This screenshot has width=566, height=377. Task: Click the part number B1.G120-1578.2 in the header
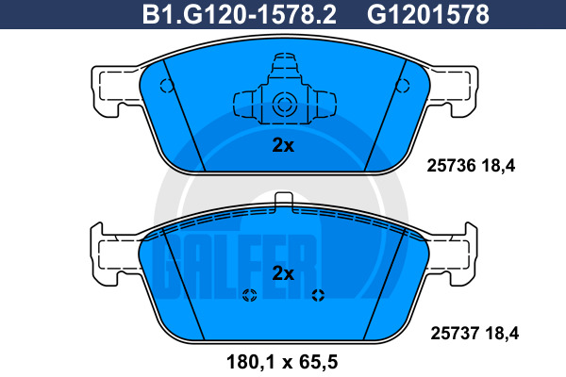click(240, 14)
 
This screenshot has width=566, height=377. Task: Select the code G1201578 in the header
click(428, 14)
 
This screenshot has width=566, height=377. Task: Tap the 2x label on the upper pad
click(283, 145)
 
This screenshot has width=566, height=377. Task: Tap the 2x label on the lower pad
click(283, 273)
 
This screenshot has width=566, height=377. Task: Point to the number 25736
click(451, 166)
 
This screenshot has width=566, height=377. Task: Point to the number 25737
click(455, 333)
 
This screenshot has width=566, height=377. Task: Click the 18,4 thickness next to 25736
click(498, 166)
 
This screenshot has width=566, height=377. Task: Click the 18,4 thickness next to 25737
click(502, 334)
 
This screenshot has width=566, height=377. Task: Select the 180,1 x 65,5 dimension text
click(282, 362)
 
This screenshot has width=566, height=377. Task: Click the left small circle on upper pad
click(167, 86)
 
